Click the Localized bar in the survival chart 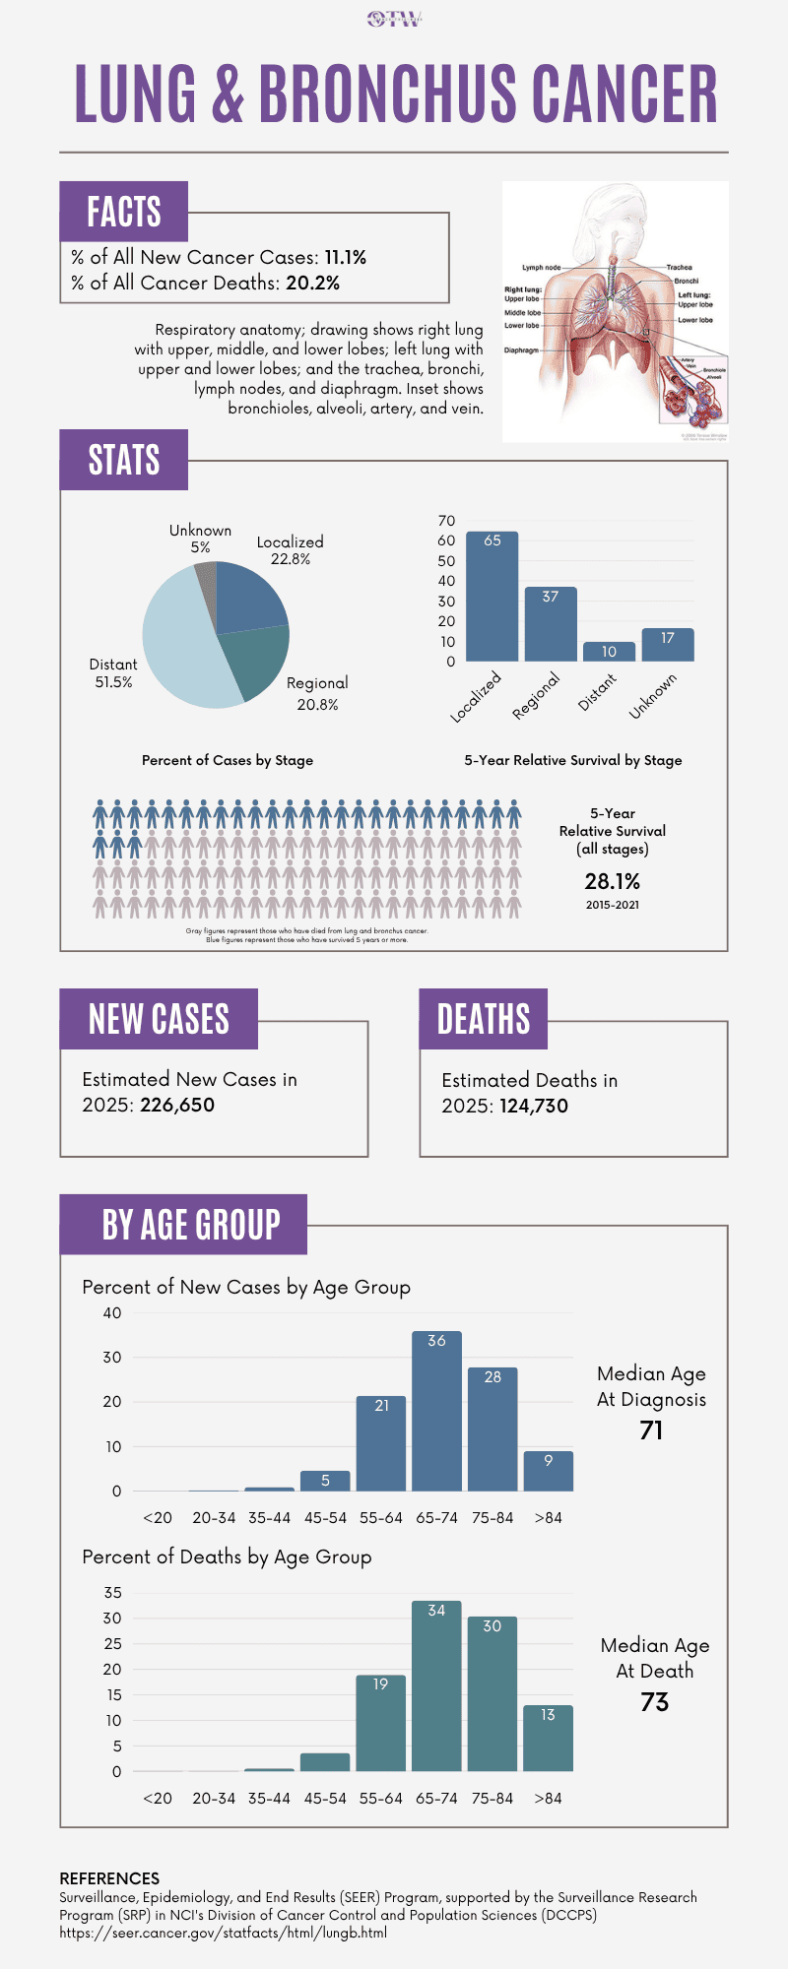[x=492, y=597]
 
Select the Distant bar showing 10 [x=609, y=652]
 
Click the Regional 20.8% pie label [x=317, y=693]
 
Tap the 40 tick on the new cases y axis [x=112, y=1312]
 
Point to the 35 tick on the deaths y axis [x=112, y=1592]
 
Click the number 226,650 [x=177, y=1105]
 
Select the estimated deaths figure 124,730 [x=534, y=1106]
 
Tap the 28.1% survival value [x=612, y=881]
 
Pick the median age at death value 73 [x=654, y=1702]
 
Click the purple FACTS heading [x=124, y=212]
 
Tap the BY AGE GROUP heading [x=191, y=1225]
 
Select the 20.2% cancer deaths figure [x=312, y=284]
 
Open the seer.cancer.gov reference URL [x=223, y=1933]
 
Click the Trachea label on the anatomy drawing [x=679, y=267]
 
